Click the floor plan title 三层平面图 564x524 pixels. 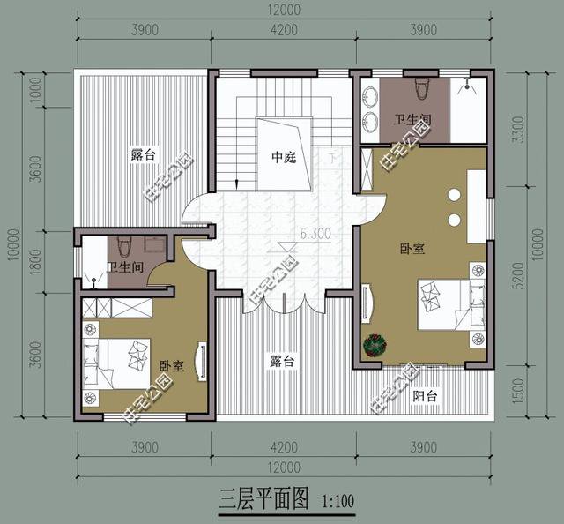coord(263,501)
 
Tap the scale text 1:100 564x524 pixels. coord(338,503)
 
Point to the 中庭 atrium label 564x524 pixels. coord(283,159)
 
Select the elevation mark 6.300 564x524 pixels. coord(315,235)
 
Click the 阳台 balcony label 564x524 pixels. coord(426,396)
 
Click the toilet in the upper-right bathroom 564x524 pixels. coord(419,91)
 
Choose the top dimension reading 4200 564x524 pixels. coord(284,30)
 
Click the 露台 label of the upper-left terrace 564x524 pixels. coord(143,154)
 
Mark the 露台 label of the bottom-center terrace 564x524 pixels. coord(282,361)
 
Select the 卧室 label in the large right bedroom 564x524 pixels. coord(412,250)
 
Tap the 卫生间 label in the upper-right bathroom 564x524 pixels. coord(411,119)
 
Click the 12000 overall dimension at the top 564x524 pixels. coord(284,11)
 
